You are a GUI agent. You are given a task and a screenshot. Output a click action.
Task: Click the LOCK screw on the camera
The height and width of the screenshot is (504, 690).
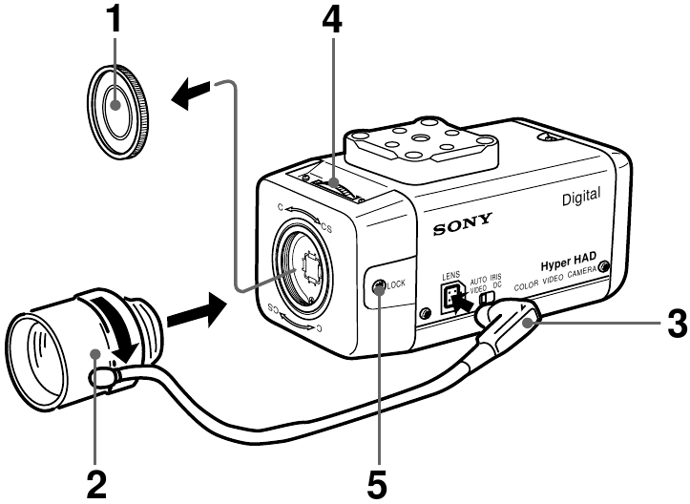click(380, 285)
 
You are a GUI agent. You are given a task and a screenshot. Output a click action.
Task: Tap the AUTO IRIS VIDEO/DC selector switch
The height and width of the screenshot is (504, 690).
click(487, 301)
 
